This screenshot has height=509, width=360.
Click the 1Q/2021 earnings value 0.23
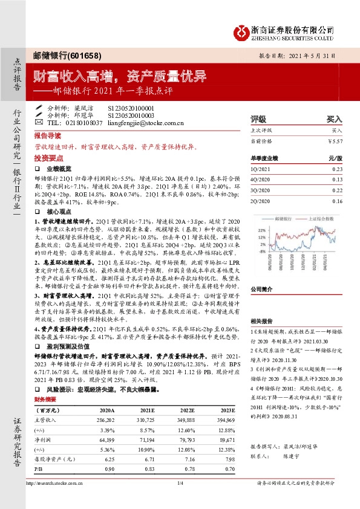click(x=337, y=170)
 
